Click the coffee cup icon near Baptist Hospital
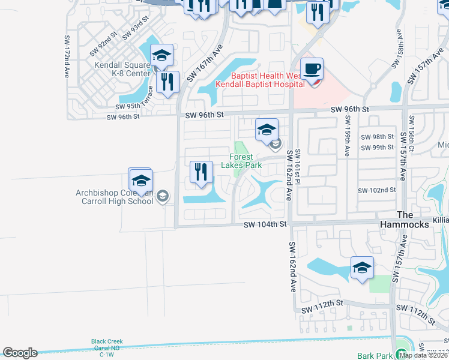(x=311, y=70)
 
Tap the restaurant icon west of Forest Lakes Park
(x=201, y=172)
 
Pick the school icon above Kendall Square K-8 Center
(x=161, y=56)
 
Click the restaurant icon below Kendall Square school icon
(x=167, y=82)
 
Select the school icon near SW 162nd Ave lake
(x=362, y=268)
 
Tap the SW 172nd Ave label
(x=67, y=56)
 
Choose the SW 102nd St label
(x=377, y=190)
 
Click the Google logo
(x=20, y=353)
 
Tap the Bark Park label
(x=374, y=356)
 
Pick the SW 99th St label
(x=377, y=148)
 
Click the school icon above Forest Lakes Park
(x=267, y=130)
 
